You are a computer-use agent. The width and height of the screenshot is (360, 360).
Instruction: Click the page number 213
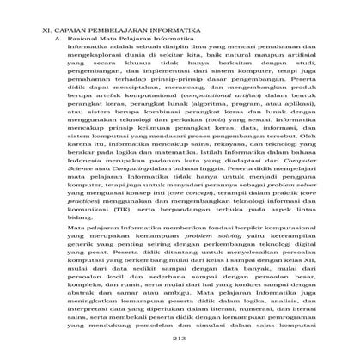tap(180, 352)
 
